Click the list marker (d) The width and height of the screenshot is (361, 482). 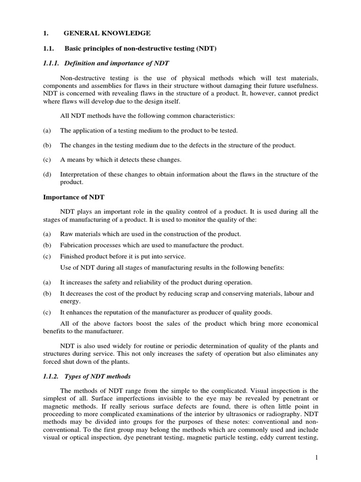[47, 175]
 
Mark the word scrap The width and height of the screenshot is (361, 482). [205, 294]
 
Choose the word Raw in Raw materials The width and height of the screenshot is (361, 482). [67, 234]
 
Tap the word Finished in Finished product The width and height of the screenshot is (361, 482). [73, 256]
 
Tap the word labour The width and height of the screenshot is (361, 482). [287, 294]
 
